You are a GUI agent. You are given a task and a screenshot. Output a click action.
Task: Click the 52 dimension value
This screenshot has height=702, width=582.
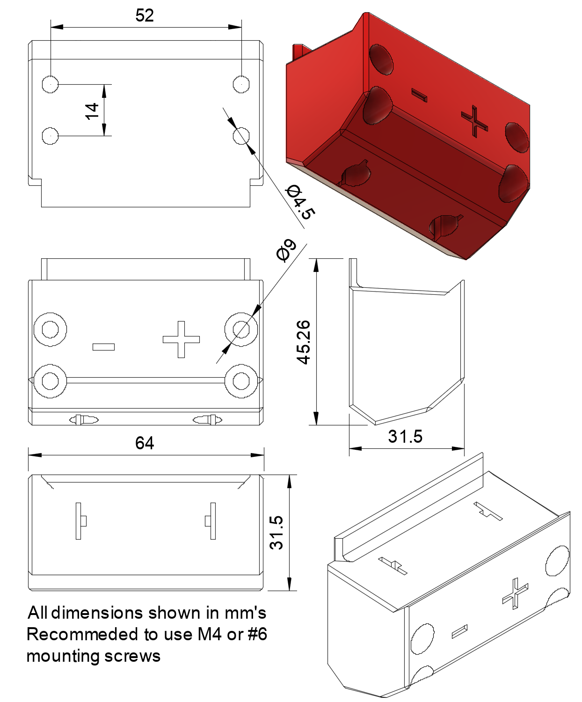pyautogui.click(x=145, y=15)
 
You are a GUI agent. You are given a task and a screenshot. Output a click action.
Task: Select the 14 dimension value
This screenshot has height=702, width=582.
pyautogui.click(x=92, y=111)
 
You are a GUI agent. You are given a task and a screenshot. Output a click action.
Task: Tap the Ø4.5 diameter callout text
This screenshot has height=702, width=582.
pyautogui.click(x=300, y=202)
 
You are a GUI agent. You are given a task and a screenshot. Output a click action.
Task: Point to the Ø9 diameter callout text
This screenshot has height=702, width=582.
pyautogui.click(x=286, y=250)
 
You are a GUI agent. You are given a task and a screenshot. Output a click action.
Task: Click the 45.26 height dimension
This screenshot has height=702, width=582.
pyautogui.click(x=304, y=342)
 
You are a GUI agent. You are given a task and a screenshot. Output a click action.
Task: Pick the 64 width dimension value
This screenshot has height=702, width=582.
pyautogui.click(x=145, y=443)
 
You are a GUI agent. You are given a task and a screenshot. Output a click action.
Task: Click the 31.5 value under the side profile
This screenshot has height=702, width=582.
pyautogui.click(x=405, y=436)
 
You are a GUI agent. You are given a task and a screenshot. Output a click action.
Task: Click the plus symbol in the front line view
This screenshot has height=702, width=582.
pyautogui.click(x=181, y=339)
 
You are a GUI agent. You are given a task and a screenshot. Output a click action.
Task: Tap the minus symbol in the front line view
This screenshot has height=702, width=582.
pyautogui.click(x=103, y=347)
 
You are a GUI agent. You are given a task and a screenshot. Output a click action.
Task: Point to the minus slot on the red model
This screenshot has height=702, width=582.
pyautogui.click(x=419, y=95)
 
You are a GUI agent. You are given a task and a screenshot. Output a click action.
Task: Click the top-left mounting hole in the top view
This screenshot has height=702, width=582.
pyautogui.click(x=51, y=84)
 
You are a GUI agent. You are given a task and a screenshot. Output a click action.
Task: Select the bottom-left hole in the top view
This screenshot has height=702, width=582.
pyautogui.click(x=51, y=136)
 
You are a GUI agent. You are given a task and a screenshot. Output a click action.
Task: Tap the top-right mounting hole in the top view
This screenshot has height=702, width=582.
pyautogui.click(x=241, y=84)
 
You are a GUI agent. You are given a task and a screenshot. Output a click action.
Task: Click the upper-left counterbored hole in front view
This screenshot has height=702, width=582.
pyautogui.click(x=51, y=329)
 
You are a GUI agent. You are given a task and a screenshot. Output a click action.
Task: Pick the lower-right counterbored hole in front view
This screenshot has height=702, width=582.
pyautogui.click(x=241, y=381)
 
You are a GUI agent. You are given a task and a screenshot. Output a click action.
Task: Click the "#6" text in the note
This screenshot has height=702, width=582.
pyautogui.click(x=257, y=634)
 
